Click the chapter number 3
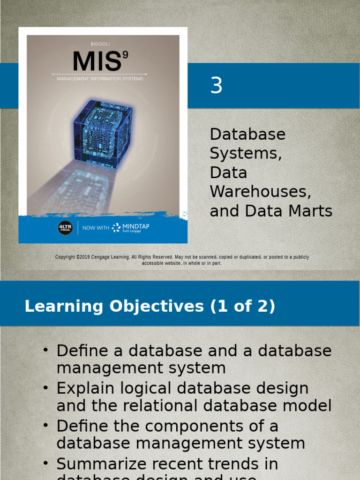pos(216,86)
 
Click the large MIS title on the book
pos(97,61)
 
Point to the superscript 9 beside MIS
pos(125,54)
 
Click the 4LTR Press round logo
pos(65,228)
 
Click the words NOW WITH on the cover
pos(96,228)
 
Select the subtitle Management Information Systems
pos(100,79)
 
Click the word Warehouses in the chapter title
pos(260,192)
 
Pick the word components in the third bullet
pos(188,426)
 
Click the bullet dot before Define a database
pos(45,350)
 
